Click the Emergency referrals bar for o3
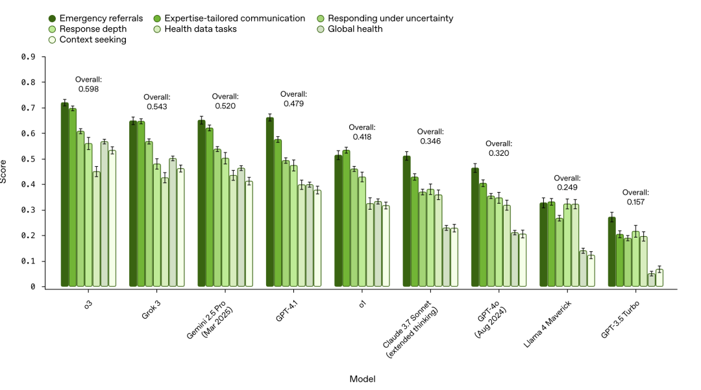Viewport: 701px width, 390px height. pos(65,195)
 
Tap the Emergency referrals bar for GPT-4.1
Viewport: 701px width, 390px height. pos(270,202)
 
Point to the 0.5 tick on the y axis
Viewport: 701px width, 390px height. pos(28,159)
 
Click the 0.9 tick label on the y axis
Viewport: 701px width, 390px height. pos(28,57)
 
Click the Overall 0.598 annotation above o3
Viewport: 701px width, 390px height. pos(88,84)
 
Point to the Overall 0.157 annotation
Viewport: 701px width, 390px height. pos(635,197)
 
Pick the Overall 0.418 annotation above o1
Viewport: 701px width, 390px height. pos(362,132)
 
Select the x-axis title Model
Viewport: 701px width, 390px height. pos(362,378)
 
